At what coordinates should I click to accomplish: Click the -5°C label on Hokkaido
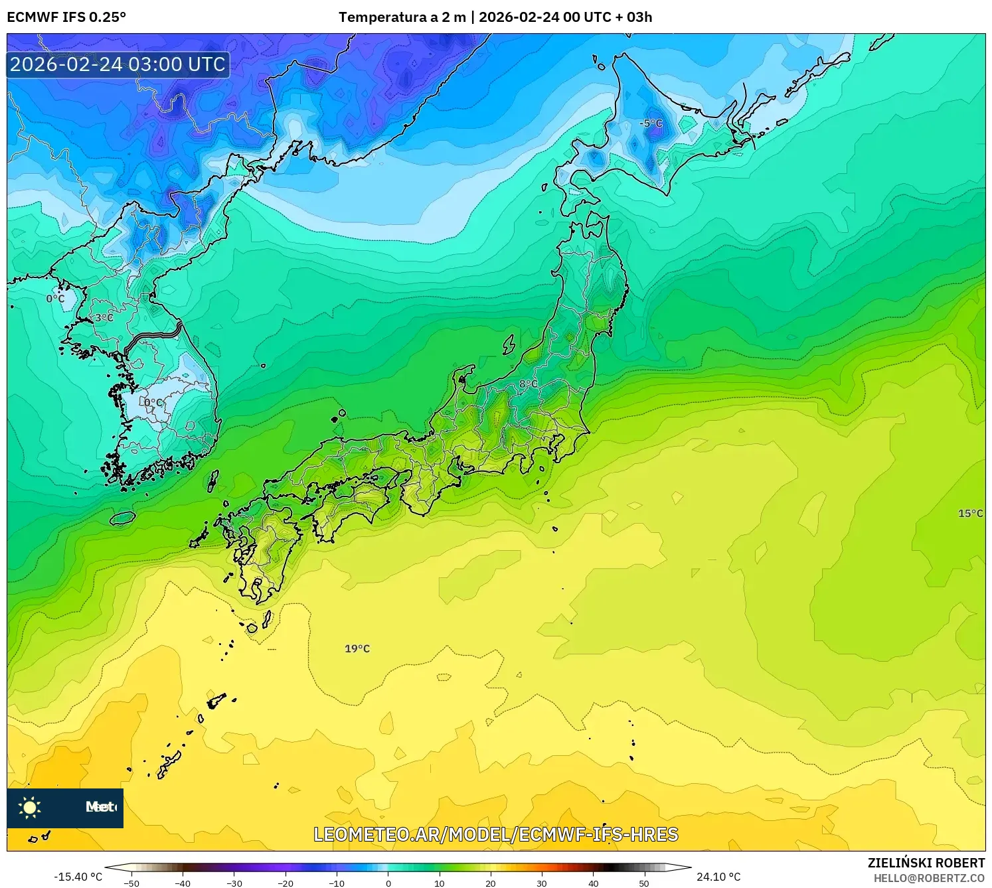pyautogui.click(x=651, y=123)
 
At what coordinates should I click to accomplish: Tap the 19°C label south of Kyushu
pyautogui.click(x=357, y=648)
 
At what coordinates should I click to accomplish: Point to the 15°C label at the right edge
pyautogui.click(x=970, y=513)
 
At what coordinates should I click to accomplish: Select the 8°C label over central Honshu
pyautogui.click(x=529, y=384)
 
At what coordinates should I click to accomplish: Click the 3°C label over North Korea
pyautogui.click(x=103, y=318)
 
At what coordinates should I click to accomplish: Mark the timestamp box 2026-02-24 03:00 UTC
pyautogui.click(x=118, y=64)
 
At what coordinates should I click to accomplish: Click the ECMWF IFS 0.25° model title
pyautogui.click(x=66, y=17)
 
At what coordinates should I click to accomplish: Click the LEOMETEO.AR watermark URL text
pyautogui.click(x=495, y=834)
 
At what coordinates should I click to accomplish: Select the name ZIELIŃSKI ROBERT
pyautogui.click(x=926, y=863)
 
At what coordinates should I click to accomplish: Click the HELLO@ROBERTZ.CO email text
pyautogui.click(x=929, y=878)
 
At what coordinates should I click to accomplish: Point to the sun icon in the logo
pyautogui.click(x=30, y=808)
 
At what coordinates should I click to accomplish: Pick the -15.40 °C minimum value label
pyautogui.click(x=78, y=877)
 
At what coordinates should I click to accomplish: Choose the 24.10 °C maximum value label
pyautogui.click(x=718, y=877)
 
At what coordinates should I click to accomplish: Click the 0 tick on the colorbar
pyautogui.click(x=388, y=883)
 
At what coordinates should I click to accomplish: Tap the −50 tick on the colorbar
pyautogui.click(x=131, y=883)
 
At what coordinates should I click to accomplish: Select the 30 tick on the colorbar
pyautogui.click(x=542, y=883)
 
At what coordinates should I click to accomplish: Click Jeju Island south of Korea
pyautogui.click(x=122, y=518)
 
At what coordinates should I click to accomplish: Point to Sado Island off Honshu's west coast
pyautogui.click(x=509, y=344)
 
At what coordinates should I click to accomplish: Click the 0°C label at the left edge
pyautogui.click(x=56, y=299)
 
